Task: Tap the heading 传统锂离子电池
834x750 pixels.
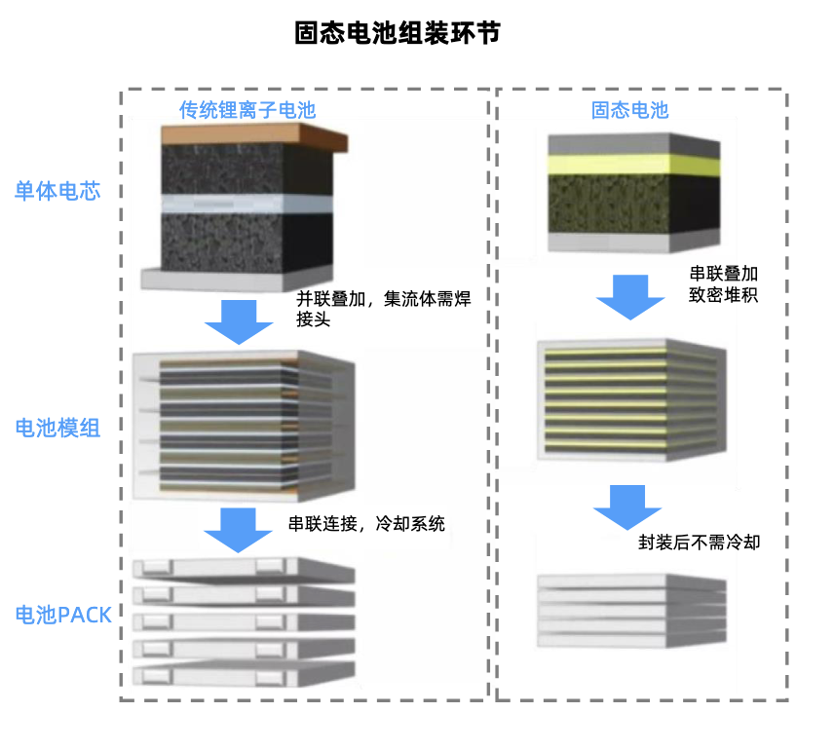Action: [x=247, y=110]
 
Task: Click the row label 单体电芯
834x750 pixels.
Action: [x=57, y=191]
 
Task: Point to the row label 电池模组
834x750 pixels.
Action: [x=57, y=428]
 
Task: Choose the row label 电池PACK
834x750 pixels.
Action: [x=63, y=615]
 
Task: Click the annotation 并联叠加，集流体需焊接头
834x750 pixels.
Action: [x=383, y=309]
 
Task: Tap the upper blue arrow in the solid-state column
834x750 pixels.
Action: [x=631, y=296]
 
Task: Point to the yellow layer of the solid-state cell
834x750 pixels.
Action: [x=633, y=165]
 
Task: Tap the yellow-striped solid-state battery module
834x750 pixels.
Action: [x=631, y=399]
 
